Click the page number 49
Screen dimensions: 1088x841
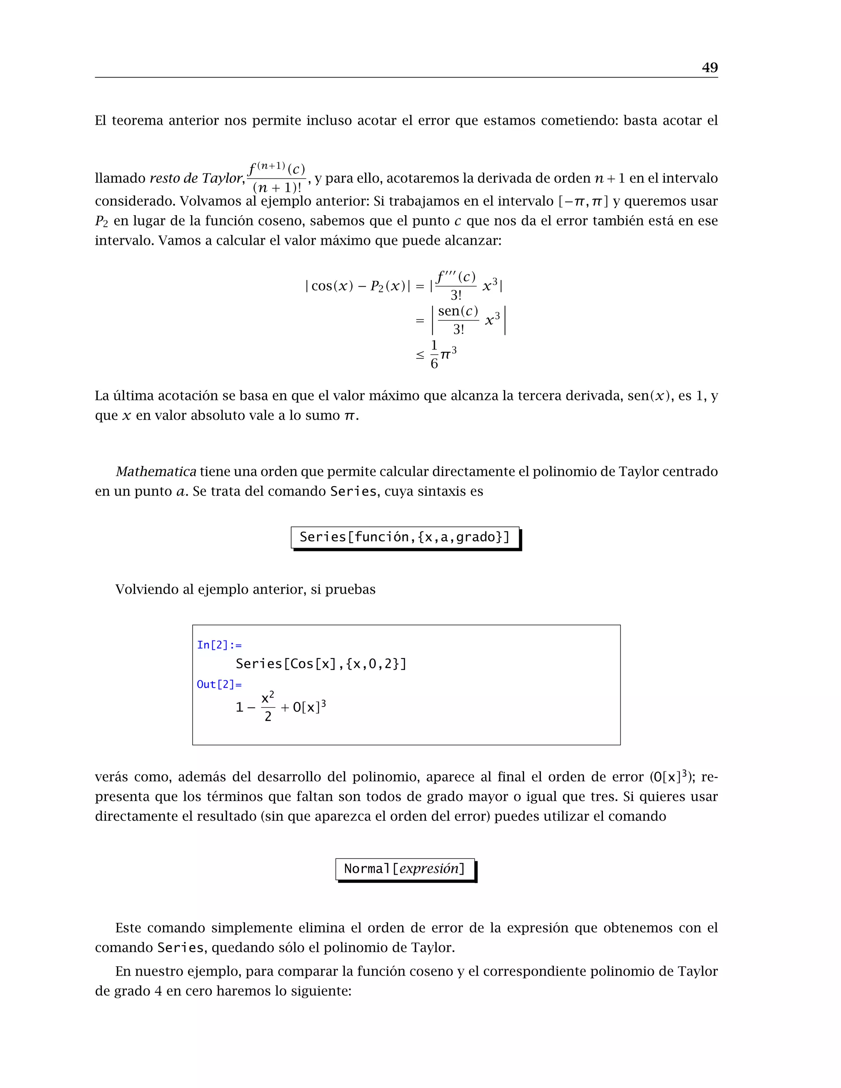(710, 68)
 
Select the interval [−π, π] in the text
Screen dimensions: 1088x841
(583, 201)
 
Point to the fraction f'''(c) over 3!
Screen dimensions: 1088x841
(456, 285)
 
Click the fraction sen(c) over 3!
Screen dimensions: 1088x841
(458, 320)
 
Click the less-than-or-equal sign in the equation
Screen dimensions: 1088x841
(420, 355)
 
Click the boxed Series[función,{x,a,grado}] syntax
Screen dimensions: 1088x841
(404, 537)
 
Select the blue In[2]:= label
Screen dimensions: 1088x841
(219, 645)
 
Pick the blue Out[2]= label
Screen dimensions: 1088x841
(219, 684)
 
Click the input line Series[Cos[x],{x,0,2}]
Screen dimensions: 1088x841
(321, 663)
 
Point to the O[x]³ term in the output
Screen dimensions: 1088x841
(309, 707)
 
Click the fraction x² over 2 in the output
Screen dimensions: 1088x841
(268, 707)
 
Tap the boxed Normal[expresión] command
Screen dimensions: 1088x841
(404, 869)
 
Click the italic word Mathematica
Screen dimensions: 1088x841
(156, 471)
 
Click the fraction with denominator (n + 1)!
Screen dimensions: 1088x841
(276, 178)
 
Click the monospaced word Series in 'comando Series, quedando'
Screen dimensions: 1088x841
(180, 948)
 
